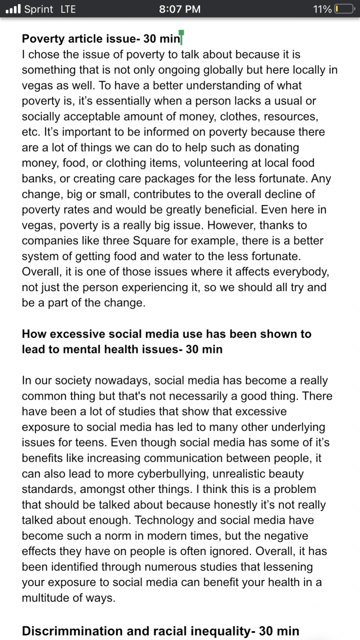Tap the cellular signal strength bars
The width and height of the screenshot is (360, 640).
[12, 9]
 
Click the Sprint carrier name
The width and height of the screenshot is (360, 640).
[38, 9]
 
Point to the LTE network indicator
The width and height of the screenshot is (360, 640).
[68, 9]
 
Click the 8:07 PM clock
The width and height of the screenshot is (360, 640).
[179, 9]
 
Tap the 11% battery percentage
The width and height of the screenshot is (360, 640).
[322, 9]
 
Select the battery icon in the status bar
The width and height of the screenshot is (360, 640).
[343, 9]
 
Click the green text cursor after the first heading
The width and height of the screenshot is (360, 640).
[181, 37]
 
